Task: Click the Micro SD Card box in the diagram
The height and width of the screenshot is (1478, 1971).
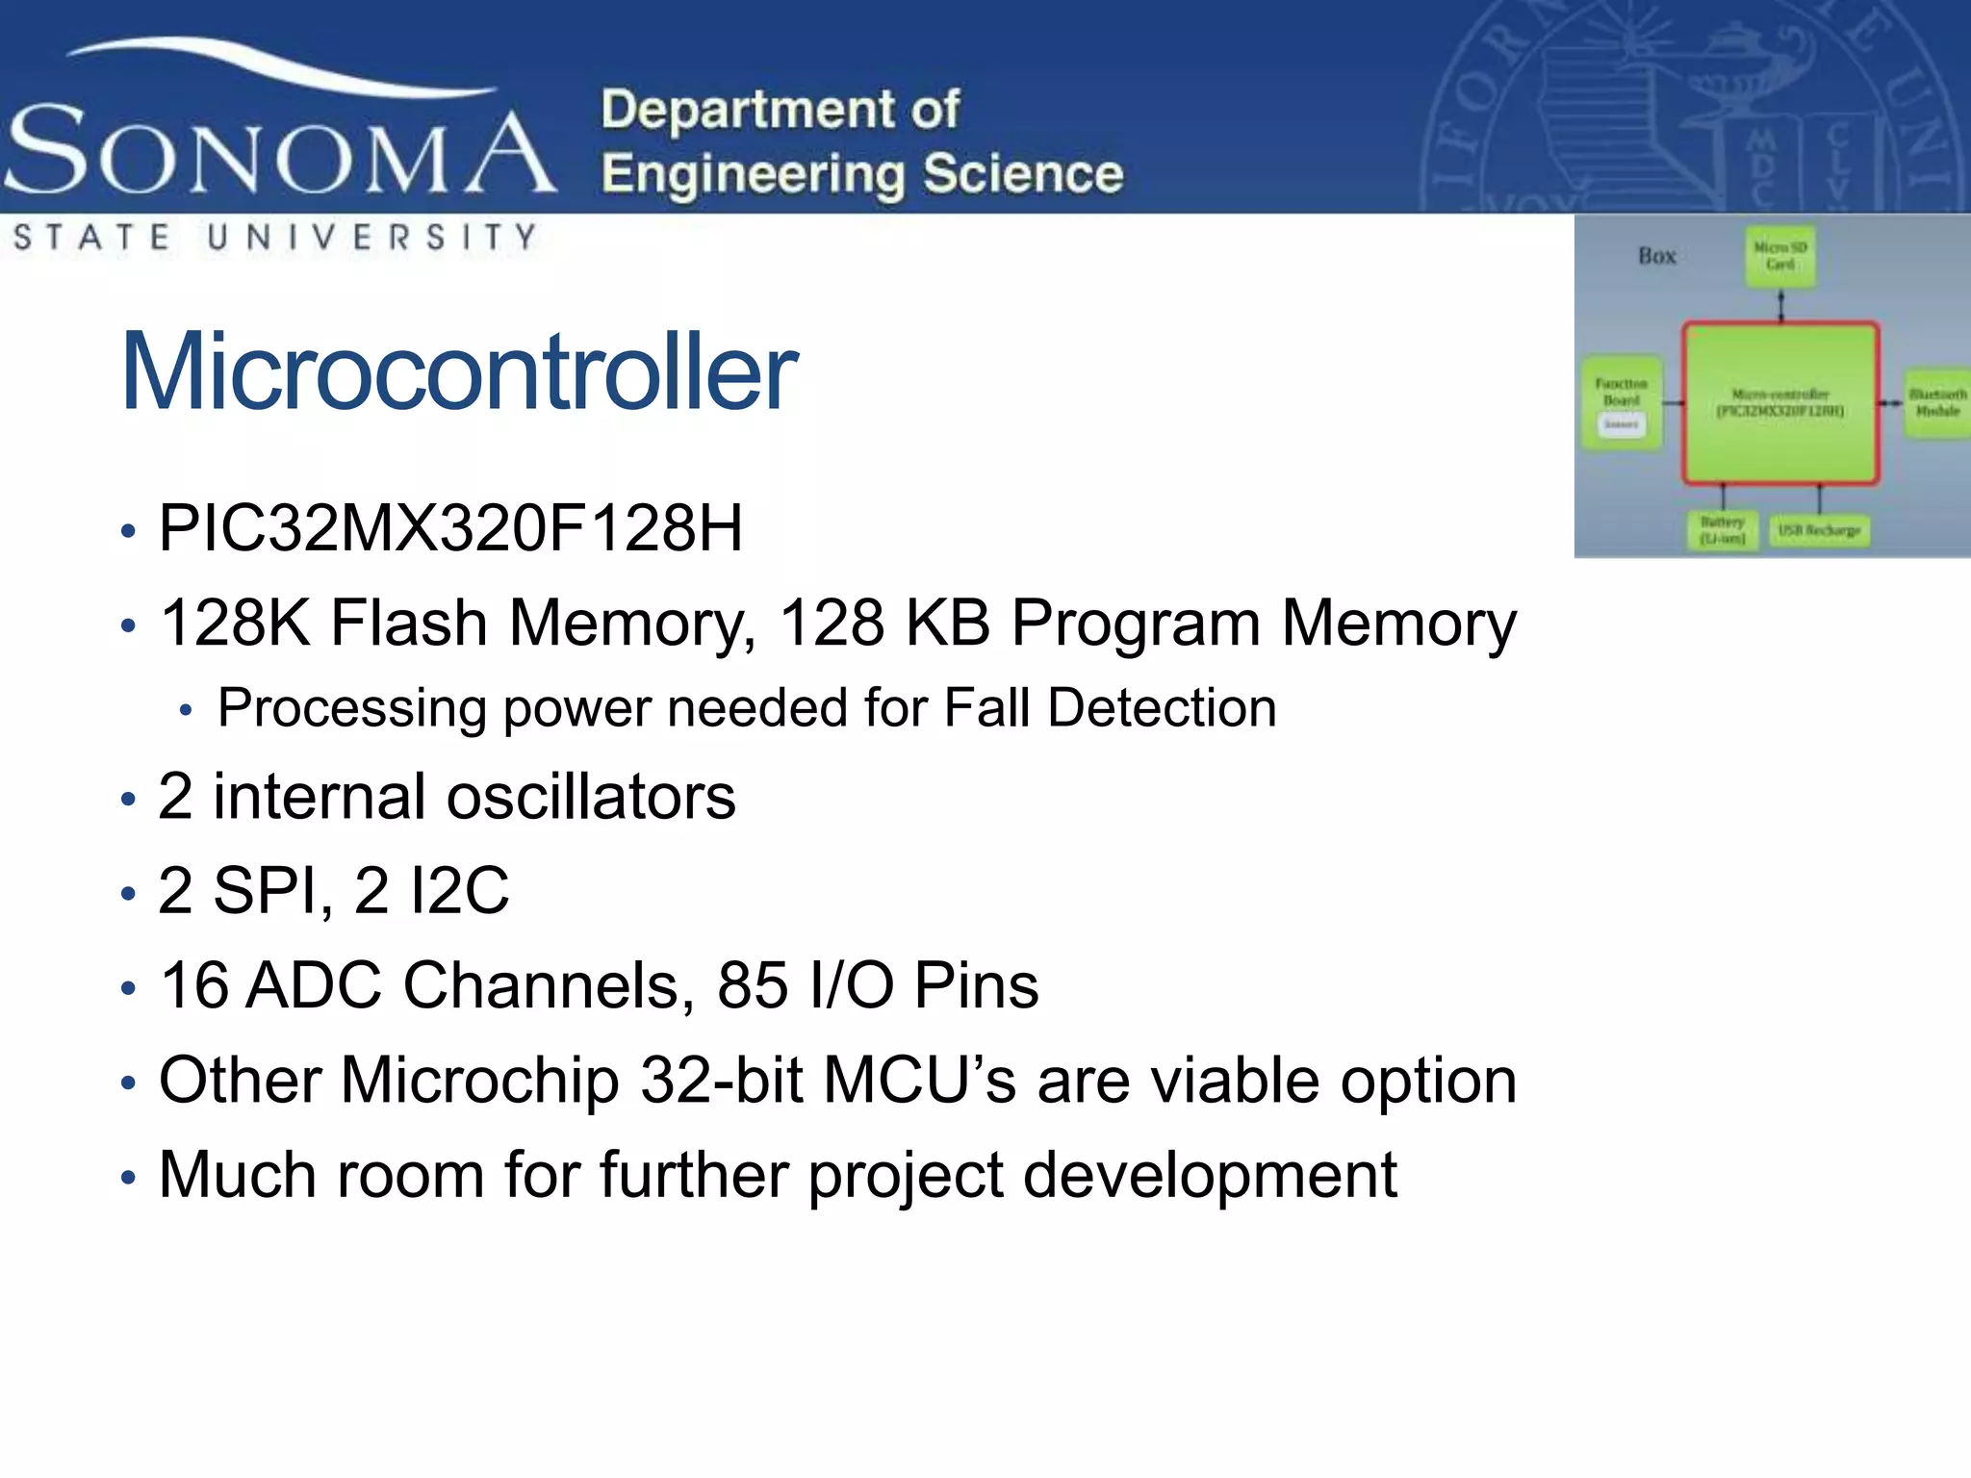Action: tap(1779, 256)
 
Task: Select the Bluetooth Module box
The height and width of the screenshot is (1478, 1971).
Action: tap(1936, 402)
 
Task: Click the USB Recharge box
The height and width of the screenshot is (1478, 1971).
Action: tap(1819, 530)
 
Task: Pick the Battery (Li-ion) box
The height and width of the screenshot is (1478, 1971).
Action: tap(1722, 530)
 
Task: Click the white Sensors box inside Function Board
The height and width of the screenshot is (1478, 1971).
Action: tap(1622, 424)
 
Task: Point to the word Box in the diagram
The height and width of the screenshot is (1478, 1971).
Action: tap(1657, 256)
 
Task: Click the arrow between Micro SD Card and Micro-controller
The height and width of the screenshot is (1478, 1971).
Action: tap(1780, 305)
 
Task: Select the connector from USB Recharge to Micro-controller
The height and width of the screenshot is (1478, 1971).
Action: tap(1819, 497)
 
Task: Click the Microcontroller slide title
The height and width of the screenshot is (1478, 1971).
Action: tap(459, 371)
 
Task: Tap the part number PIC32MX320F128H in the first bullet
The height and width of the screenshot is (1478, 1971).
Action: tap(450, 528)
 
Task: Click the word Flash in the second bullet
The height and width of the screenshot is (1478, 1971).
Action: tap(409, 623)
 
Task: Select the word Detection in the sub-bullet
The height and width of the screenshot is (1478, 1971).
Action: tap(1162, 708)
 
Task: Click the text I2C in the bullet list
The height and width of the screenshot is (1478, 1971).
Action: tap(459, 890)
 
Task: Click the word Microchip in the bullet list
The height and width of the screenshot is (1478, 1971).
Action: tap(479, 1081)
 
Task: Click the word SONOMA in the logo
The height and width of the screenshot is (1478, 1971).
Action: tap(279, 151)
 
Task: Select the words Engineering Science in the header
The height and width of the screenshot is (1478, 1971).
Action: tap(862, 174)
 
